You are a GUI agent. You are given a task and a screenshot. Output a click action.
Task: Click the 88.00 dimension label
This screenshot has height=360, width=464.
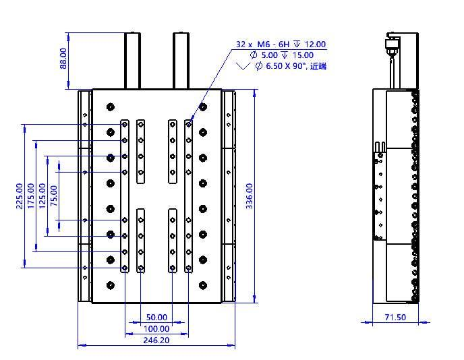pos(63,59)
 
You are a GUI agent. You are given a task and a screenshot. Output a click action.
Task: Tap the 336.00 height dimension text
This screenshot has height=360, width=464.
pos(250,196)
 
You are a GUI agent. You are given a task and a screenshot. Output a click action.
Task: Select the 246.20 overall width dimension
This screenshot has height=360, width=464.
pos(156,340)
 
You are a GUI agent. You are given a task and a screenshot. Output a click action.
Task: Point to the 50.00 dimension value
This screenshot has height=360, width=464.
pos(156,318)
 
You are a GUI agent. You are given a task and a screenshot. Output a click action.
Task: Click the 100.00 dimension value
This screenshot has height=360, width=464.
pos(156,328)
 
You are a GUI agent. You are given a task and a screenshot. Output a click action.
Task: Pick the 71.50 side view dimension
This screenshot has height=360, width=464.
pos(395,318)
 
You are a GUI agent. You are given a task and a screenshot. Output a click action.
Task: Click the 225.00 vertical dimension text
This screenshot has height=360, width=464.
pos(20,196)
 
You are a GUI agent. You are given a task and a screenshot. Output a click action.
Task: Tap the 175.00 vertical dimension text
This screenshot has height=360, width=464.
pos(31,196)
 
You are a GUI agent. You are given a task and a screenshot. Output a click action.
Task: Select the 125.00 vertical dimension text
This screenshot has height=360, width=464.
pos(42,196)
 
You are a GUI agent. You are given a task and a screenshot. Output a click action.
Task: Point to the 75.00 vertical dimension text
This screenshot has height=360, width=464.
pos(54,196)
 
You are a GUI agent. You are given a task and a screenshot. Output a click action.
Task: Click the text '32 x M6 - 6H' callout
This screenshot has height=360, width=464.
pos(262,44)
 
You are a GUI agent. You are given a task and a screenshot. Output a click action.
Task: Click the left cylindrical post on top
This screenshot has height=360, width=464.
pos(132,61)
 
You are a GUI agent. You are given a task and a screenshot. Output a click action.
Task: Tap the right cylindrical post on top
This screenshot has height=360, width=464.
pos(181,61)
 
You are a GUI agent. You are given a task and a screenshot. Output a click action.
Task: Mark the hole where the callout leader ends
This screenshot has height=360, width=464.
pos(189,125)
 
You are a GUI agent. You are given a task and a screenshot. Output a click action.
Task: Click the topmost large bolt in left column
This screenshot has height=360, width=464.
pos(111,107)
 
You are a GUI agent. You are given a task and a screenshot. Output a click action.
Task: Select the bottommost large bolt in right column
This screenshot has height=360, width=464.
pos(203,285)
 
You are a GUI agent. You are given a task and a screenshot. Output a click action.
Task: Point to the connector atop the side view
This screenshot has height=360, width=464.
pos(393,46)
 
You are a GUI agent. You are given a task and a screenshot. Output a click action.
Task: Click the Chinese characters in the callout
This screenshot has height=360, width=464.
pos(318,66)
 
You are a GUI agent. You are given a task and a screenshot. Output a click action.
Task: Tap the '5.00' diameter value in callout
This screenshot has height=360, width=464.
pos(270,55)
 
